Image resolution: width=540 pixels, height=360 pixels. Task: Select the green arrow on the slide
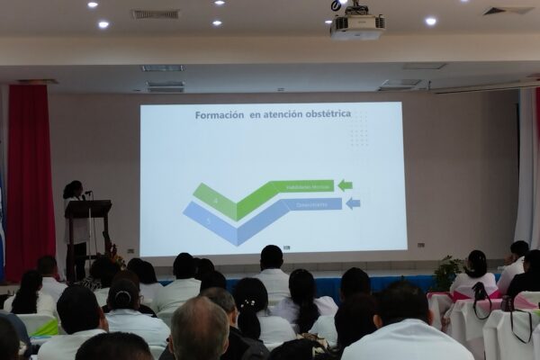(x=345, y=185)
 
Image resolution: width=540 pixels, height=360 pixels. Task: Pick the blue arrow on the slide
(x=353, y=203)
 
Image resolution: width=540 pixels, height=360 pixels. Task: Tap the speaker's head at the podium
(x=73, y=189)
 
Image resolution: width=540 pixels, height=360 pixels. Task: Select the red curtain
(x=31, y=180)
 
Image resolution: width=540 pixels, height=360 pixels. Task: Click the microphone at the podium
(x=87, y=192)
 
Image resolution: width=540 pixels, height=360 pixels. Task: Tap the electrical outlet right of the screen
(x=419, y=243)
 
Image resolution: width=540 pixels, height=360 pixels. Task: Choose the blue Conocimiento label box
(x=306, y=203)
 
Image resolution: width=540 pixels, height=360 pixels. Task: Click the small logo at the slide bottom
(x=286, y=247)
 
